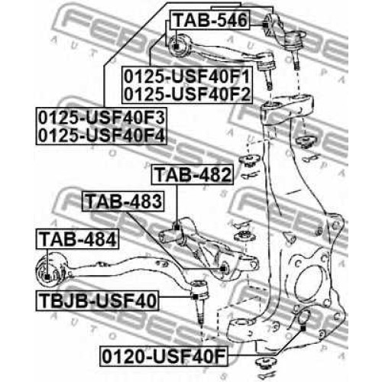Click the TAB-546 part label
(x=210, y=20)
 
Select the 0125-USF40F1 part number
(x=187, y=76)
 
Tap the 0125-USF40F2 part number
(x=187, y=94)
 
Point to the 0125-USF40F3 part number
(x=102, y=118)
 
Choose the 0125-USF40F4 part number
(x=102, y=135)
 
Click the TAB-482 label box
(x=193, y=174)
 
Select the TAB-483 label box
(x=123, y=202)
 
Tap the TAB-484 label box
(x=77, y=239)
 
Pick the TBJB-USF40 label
(x=97, y=300)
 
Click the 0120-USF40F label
(x=164, y=357)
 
